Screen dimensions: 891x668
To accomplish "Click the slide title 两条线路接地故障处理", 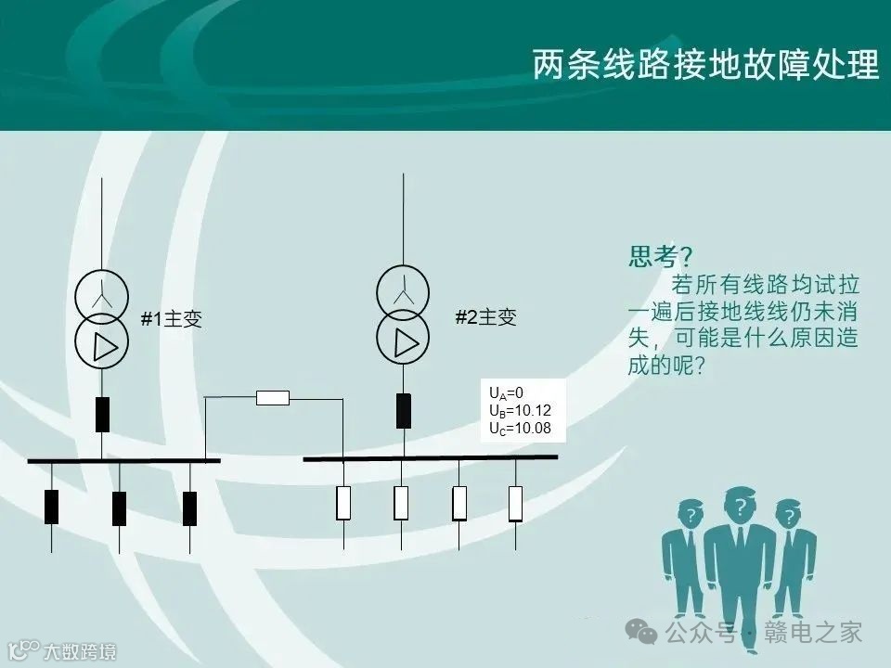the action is tap(705, 66).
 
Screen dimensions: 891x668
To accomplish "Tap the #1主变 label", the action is tap(171, 320).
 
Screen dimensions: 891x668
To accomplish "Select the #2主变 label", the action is tap(485, 317).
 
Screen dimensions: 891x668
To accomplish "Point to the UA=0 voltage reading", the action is tap(507, 393).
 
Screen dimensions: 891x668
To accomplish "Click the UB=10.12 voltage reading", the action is tap(519, 410).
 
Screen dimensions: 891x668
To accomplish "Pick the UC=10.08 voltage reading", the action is tap(519, 428).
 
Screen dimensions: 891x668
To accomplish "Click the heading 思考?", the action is tap(662, 256).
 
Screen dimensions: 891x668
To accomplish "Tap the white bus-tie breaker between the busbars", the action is tap(272, 398).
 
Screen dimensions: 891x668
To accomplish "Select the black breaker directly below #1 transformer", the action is tap(102, 415).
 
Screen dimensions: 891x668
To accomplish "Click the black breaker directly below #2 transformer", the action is tap(403, 411).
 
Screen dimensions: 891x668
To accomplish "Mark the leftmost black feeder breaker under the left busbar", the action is tap(51, 507).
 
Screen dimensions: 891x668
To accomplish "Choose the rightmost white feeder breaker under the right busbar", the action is tap(515, 503).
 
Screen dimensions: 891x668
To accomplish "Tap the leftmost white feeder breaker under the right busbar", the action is tap(343, 503).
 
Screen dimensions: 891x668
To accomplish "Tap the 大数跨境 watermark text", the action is tap(80, 652).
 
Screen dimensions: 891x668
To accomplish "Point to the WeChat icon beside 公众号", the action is tap(643, 633).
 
